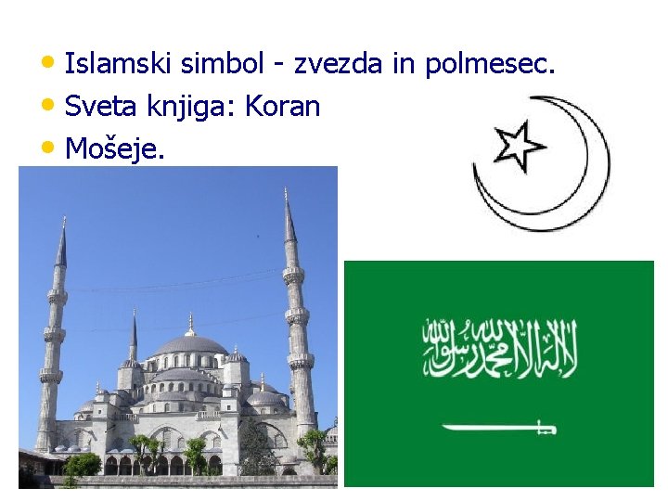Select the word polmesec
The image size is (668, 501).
(490, 65)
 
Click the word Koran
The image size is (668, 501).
(282, 107)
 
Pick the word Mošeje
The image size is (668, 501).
(115, 148)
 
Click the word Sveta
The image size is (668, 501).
(96, 107)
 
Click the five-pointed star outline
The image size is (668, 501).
(519, 145)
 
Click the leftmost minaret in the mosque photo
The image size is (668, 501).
(51, 343)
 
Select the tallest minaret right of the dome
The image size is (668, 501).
(298, 325)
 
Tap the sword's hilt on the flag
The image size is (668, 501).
(546, 428)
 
